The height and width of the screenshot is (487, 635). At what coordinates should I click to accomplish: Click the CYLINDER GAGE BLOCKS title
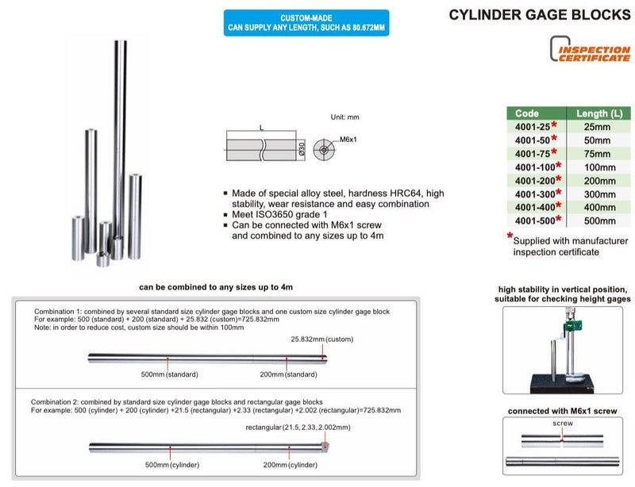point(540,14)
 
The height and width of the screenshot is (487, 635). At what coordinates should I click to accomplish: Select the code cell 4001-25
point(533,125)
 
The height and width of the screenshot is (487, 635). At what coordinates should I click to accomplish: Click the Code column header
point(527,113)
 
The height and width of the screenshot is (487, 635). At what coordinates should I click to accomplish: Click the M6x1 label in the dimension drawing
point(350,140)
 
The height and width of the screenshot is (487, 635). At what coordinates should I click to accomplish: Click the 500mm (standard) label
point(170,374)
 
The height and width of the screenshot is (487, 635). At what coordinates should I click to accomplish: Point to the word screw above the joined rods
point(562,424)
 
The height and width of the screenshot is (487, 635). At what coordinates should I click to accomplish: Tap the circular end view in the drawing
point(324,148)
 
